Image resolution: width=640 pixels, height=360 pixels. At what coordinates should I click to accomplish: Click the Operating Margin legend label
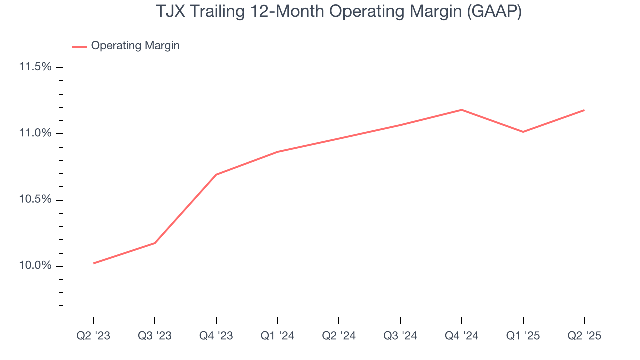point(135,46)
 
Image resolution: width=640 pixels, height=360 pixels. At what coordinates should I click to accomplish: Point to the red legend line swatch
point(80,46)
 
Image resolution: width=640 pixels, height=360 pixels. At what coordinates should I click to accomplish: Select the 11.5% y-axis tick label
point(35,67)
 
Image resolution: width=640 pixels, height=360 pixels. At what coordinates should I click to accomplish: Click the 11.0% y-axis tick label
point(35,133)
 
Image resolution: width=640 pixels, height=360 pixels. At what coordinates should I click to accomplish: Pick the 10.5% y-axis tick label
point(35,199)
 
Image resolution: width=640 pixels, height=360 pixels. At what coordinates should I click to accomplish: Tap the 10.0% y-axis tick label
point(35,266)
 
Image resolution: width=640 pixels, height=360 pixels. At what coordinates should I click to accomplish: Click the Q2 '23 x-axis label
point(93,336)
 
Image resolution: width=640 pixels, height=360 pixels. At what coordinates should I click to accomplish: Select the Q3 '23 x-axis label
point(155,336)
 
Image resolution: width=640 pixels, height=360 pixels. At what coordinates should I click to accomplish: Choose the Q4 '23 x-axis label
point(216,336)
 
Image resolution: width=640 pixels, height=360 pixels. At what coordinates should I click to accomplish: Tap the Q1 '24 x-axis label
point(277,336)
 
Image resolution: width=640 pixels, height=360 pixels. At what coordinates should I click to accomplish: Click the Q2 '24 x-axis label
point(339,336)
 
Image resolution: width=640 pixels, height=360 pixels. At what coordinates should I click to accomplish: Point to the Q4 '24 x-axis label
point(462,336)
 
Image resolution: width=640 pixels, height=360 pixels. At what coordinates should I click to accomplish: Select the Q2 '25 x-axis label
point(584,336)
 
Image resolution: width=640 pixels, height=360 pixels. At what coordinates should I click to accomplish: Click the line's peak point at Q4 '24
point(462,110)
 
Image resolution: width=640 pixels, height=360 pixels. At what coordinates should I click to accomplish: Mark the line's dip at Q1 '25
point(523,132)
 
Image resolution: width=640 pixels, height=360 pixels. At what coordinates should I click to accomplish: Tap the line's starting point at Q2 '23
point(93,263)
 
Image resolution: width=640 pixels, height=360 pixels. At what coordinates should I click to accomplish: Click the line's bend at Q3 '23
point(155,243)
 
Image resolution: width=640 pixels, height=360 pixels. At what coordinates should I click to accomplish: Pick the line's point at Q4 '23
point(216,174)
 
